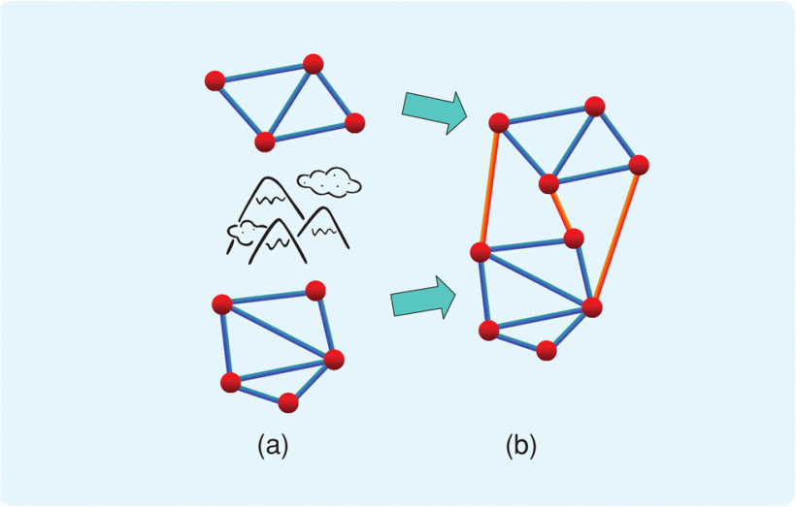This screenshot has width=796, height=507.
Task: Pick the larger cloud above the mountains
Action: [x=329, y=180]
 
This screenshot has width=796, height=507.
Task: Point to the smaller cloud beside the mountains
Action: [x=246, y=231]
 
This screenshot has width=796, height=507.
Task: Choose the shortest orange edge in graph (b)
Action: [x=561, y=210]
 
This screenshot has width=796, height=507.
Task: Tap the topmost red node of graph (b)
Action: [x=595, y=105]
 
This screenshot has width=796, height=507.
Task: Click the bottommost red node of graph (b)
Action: [x=547, y=350]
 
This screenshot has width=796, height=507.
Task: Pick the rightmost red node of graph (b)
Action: [x=639, y=165]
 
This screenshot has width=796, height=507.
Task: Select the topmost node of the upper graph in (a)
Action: [x=313, y=64]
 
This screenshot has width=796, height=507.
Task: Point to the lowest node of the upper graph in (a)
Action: [x=264, y=142]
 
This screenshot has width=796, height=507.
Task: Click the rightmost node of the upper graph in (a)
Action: [x=354, y=122]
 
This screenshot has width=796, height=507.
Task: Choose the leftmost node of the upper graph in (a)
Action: [x=216, y=79]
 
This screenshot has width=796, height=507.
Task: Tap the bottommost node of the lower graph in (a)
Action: [x=287, y=402]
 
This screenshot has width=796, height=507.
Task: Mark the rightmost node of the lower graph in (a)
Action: [x=333, y=360]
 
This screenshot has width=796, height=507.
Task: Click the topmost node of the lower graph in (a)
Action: [x=315, y=290]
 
